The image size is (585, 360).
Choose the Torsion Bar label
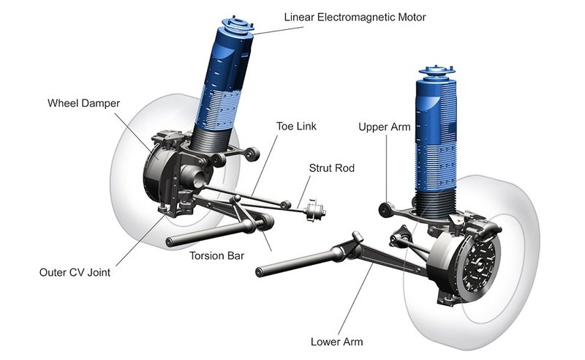point(216,256)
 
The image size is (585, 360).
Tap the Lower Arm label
point(336,342)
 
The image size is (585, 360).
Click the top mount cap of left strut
point(240,23)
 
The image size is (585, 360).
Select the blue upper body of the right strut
point(436,117)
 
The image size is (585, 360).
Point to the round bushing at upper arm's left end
point(382,211)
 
